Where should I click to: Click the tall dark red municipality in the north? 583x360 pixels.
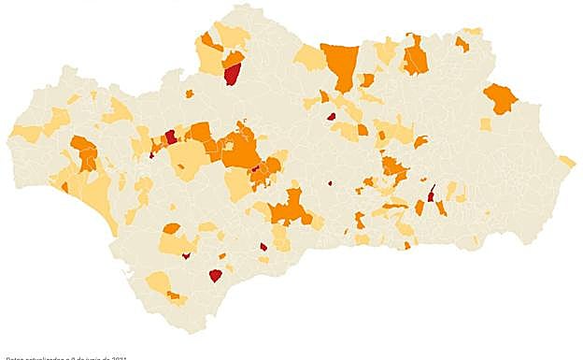tap(232, 73)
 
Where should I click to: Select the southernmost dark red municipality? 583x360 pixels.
tap(215, 275)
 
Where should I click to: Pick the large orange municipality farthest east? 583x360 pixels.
tap(500, 97)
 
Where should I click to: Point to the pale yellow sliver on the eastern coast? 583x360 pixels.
tap(567, 161)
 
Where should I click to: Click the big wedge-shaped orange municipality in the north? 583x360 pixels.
tap(340, 64)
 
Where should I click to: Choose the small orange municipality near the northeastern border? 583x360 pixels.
tap(462, 43)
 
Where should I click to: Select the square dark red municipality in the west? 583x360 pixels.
tap(171, 137)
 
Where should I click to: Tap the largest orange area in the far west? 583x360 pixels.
tap(85, 152)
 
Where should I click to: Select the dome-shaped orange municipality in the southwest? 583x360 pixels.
tap(171, 228)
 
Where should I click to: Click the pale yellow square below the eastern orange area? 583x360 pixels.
tap(485, 124)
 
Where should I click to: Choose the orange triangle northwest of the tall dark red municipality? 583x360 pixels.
tap(209, 41)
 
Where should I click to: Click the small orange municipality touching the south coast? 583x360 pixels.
tap(407, 246)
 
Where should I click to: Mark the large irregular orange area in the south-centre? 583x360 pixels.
tap(291, 208)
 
